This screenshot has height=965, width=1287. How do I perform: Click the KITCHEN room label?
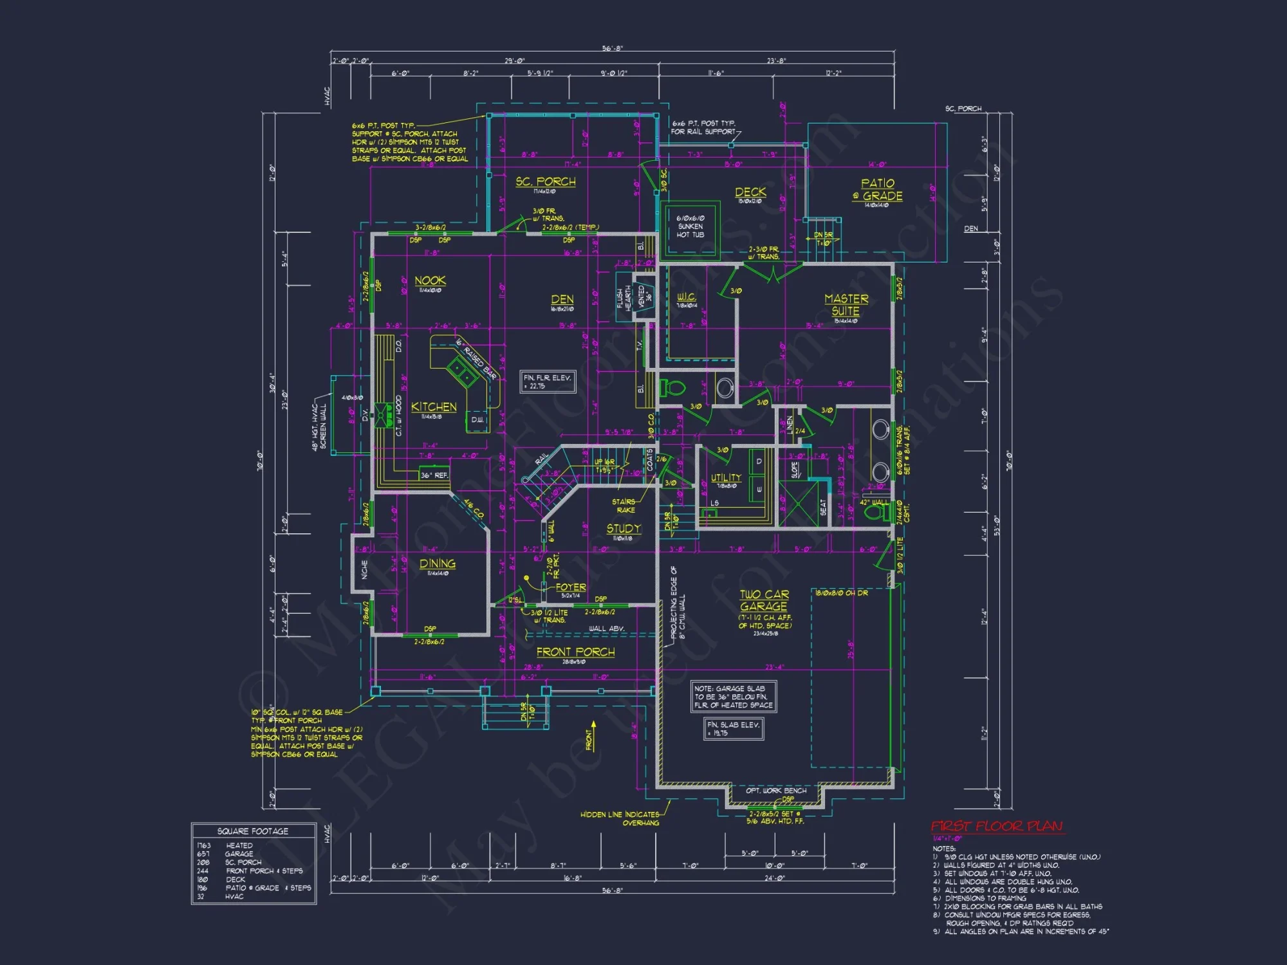click(434, 407)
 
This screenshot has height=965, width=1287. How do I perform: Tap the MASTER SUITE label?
click(846, 304)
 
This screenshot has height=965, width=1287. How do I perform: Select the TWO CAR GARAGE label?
click(764, 600)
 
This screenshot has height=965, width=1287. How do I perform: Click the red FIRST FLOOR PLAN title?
click(996, 826)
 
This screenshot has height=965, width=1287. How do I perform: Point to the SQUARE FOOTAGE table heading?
click(253, 831)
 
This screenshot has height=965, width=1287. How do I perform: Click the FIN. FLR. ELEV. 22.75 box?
click(548, 381)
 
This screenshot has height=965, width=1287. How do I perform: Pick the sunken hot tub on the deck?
click(690, 226)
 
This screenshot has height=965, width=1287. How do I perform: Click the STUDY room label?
click(623, 528)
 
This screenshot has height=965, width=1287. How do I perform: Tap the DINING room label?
click(437, 564)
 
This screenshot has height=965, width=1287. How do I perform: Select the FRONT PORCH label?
click(575, 652)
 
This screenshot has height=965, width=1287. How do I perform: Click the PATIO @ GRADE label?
click(878, 190)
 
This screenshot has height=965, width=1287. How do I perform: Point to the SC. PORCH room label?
click(545, 182)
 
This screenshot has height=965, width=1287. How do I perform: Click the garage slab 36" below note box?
click(734, 697)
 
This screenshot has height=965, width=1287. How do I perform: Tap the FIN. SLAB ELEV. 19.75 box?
click(734, 728)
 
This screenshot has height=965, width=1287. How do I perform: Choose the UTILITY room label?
click(726, 477)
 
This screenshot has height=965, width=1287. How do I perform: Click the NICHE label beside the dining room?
click(364, 569)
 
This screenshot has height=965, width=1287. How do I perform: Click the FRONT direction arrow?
click(592, 736)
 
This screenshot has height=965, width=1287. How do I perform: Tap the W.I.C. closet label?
click(686, 297)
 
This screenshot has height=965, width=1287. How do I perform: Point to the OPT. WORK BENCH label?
click(775, 790)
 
